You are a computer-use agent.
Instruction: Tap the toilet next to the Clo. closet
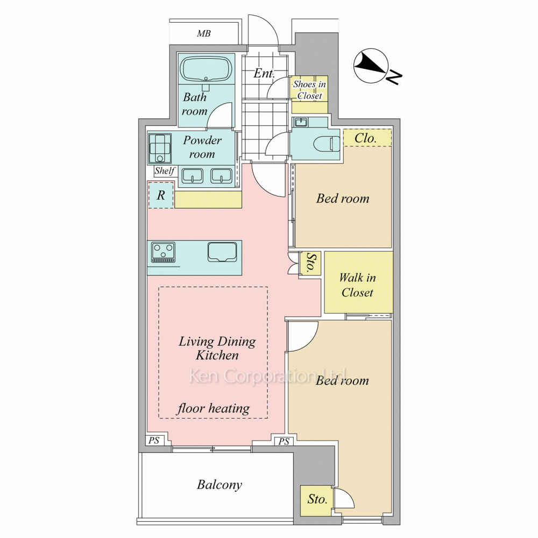tap(327, 144)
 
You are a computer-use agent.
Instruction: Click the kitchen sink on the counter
tap(222, 252)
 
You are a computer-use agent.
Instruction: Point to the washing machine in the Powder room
tap(160, 148)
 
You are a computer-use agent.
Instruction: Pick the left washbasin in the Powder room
tap(192, 176)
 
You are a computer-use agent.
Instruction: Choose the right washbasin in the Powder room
tap(221, 176)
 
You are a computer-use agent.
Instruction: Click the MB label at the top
tap(204, 33)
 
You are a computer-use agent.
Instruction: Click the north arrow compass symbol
tap(371, 66)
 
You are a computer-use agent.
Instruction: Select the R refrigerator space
tap(161, 195)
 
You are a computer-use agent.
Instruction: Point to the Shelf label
tap(165, 171)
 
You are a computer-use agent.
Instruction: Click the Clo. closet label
tap(365, 138)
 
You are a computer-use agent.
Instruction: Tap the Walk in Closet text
tap(357, 285)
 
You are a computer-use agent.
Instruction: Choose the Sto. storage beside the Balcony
tap(317, 499)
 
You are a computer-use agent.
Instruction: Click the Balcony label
tap(220, 485)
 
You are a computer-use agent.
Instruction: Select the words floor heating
tap(214, 408)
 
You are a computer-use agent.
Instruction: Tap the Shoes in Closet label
tap(309, 90)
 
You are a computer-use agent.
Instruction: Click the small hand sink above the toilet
tap(301, 122)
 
